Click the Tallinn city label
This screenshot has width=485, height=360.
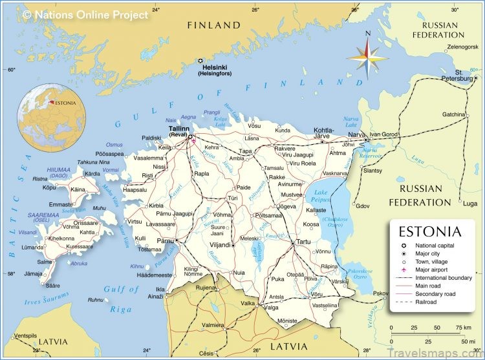(x=178, y=129)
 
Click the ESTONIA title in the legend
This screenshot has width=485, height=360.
(x=430, y=231)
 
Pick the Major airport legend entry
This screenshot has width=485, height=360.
(x=434, y=269)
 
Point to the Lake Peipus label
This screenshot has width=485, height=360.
(x=321, y=196)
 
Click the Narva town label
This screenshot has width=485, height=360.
(x=357, y=134)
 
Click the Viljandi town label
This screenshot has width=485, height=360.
(x=221, y=246)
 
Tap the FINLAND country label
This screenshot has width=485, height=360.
(x=213, y=25)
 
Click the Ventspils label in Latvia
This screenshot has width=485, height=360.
(x=26, y=335)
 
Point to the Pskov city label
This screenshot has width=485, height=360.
(x=381, y=293)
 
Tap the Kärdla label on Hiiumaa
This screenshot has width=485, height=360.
(x=93, y=174)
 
